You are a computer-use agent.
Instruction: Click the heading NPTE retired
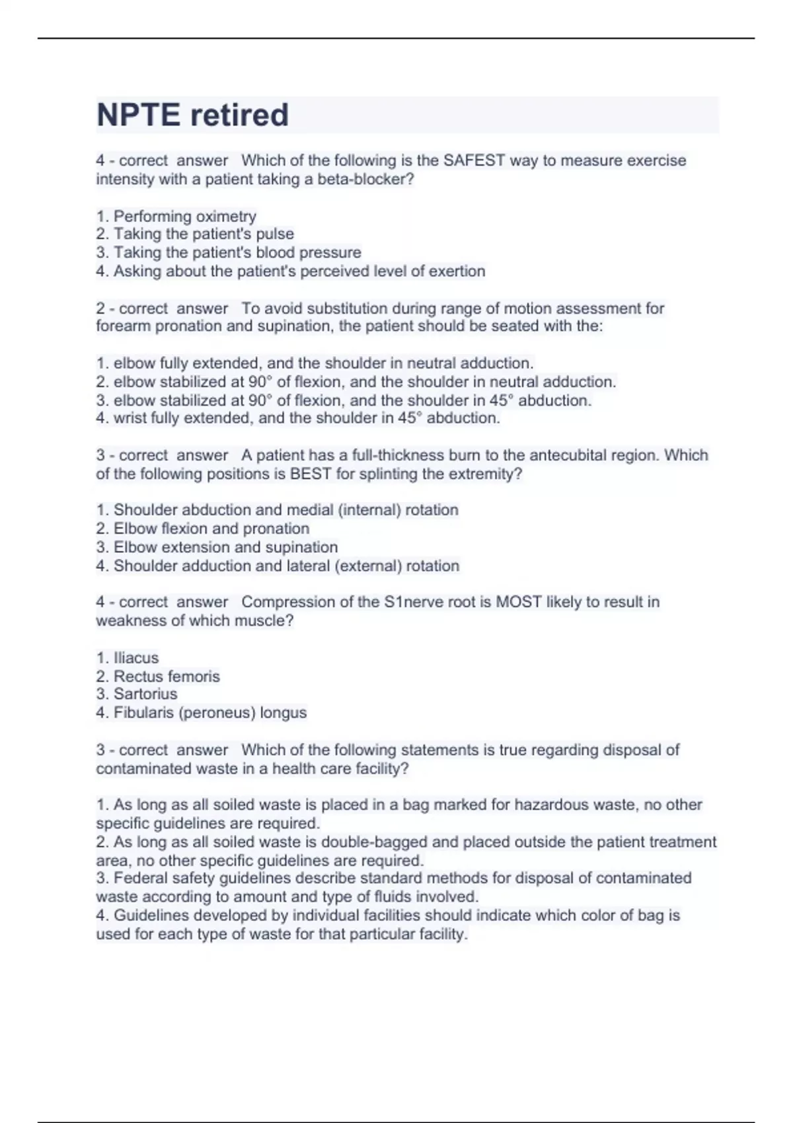[192, 115]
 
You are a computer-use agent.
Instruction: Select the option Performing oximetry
[184, 216]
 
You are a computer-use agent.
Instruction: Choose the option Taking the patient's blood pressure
[237, 252]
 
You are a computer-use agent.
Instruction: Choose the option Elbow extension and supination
[225, 547]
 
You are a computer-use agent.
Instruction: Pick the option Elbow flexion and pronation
[211, 528]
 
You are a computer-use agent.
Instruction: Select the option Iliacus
[136, 658]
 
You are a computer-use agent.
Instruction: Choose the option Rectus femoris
[167, 676]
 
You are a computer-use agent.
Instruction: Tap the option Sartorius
[145, 694]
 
